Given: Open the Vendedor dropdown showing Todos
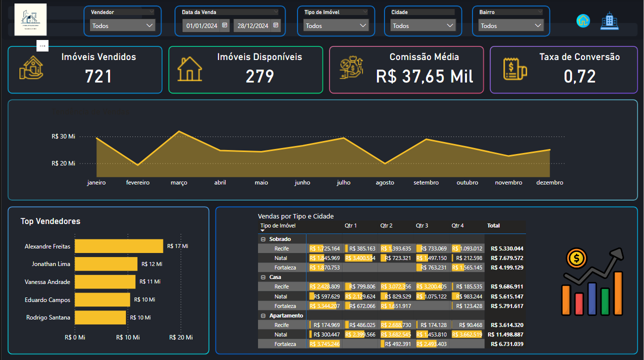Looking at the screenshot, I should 122,25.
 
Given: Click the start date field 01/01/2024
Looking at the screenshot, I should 201,25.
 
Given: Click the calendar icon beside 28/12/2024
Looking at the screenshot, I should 275,25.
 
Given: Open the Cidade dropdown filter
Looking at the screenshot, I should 423,25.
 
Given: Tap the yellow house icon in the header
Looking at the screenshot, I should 583,20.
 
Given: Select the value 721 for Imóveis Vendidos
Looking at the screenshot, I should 98,76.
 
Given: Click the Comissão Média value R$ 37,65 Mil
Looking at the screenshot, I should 424,76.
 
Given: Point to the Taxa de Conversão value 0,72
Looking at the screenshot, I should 579,76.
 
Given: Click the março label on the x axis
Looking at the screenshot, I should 179,183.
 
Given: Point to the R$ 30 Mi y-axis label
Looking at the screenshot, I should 63,136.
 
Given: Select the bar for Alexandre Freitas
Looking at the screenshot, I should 119,246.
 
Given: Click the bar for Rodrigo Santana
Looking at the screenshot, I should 100,317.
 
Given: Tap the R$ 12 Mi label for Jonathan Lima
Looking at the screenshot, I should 152,264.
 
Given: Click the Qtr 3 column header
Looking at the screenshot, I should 422,226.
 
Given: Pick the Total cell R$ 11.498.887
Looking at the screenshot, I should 505,334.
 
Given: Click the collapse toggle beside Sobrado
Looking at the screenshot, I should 263,239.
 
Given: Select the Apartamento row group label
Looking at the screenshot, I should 286,315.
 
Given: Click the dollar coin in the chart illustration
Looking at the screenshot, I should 576,258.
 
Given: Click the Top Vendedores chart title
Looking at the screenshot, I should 50,221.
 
